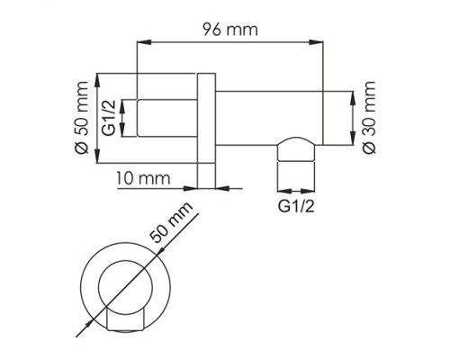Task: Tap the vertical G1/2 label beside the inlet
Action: click(107, 117)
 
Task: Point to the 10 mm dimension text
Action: click(141, 178)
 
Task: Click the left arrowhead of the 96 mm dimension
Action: click(140, 41)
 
